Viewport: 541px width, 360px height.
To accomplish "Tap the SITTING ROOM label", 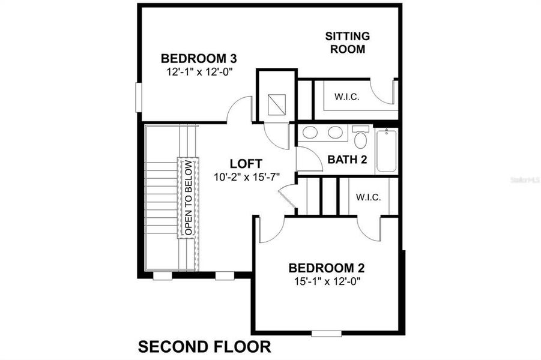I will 347,43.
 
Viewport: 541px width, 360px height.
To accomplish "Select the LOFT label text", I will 246,163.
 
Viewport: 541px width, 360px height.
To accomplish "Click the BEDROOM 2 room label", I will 327,268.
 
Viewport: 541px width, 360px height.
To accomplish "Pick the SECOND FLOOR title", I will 205,346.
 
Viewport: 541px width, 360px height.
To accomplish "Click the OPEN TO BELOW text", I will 188,197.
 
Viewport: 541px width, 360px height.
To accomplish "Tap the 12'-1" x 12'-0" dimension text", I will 199,71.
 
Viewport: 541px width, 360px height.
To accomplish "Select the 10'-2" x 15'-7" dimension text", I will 247,176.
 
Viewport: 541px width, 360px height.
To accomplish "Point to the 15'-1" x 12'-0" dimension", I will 327,281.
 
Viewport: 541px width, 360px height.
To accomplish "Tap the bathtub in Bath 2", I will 385,151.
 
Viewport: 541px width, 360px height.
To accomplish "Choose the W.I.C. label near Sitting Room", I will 346,97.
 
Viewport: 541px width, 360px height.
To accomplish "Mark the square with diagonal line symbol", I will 277,104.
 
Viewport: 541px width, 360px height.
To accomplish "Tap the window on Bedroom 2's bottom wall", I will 326,334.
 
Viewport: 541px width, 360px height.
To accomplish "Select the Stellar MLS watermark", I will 524,179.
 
